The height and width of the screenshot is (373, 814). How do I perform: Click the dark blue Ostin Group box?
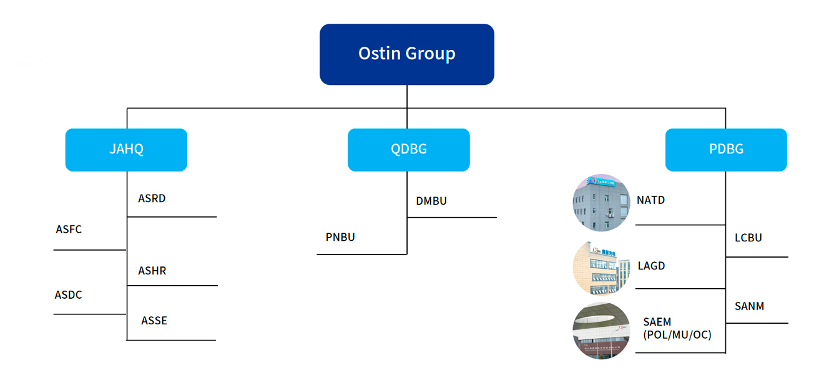[x=406, y=54]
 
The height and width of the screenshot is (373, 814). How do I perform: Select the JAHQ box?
[x=127, y=150]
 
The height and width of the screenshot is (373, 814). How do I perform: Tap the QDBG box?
[x=408, y=150]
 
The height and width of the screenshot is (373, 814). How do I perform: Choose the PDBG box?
[x=726, y=150]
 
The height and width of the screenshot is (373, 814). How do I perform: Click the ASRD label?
[x=152, y=198]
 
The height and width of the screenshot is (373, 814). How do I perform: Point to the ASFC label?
[x=69, y=229]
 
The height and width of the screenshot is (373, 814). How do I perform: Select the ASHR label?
[x=152, y=271]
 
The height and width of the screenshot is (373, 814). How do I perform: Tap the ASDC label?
[x=68, y=294]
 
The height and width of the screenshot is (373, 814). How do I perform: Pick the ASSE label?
[x=154, y=321]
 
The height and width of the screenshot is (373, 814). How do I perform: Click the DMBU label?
[x=431, y=201]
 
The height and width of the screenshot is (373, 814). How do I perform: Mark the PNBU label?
[x=340, y=237]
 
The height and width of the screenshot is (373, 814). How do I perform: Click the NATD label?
[x=651, y=200]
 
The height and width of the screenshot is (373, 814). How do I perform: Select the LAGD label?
[x=652, y=266]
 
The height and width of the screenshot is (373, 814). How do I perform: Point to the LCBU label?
[x=748, y=238]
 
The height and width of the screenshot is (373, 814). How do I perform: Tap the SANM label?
[x=749, y=306]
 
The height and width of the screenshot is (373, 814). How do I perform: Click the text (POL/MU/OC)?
[x=677, y=334]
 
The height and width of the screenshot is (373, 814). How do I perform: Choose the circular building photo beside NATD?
[x=601, y=203]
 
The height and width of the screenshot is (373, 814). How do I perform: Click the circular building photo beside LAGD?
[x=601, y=268]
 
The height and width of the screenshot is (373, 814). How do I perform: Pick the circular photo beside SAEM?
[x=601, y=331]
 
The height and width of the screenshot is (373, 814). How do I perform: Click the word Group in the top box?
[x=430, y=54]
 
